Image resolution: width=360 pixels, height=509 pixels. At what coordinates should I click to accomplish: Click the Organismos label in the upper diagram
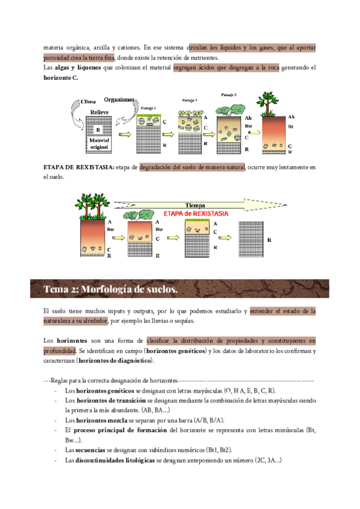(119, 100)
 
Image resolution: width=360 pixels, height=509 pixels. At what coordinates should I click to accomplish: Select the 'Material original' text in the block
(99, 143)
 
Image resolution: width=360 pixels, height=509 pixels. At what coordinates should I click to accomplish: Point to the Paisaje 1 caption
(148, 108)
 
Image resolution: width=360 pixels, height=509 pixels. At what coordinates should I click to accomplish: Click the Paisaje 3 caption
(229, 95)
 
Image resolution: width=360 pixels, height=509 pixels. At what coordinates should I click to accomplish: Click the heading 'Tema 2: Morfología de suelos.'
(110, 289)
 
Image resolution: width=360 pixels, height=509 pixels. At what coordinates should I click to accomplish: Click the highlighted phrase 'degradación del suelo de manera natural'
(192, 167)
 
